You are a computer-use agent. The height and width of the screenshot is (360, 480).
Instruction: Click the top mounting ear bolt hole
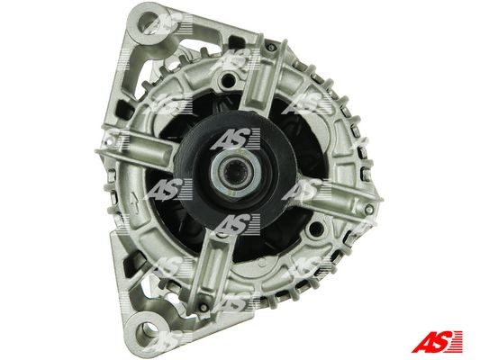coord(150,22)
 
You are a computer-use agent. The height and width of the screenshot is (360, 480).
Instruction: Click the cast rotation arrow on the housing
coord(135,202)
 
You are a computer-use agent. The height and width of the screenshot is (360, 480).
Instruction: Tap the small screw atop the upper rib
coord(270,47)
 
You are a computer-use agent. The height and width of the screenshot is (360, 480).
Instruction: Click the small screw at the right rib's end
coord(368,209)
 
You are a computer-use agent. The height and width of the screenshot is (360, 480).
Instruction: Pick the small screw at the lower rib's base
coord(202,306)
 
